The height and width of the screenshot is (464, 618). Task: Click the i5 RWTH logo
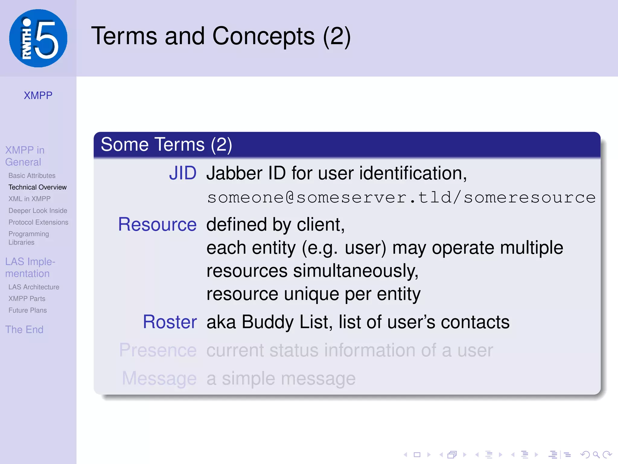click(x=38, y=38)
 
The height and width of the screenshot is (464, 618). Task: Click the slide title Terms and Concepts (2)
click(x=221, y=36)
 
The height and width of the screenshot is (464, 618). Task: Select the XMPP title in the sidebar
click(x=38, y=95)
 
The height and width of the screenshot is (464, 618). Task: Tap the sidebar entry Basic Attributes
click(x=32, y=176)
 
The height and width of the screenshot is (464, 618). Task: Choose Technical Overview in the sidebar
click(x=37, y=187)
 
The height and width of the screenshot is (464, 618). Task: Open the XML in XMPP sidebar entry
click(x=30, y=199)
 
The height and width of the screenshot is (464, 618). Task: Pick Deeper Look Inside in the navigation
click(x=38, y=211)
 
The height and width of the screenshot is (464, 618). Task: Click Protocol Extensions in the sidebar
click(x=38, y=222)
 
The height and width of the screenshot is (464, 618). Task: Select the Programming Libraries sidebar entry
click(x=29, y=238)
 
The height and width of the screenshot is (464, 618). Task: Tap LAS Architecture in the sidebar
click(x=34, y=287)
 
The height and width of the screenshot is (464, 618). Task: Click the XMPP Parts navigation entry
click(x=27, y=299)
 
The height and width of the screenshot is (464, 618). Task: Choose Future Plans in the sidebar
click(x=27, y=310)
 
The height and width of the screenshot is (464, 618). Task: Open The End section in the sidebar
click(x=24, y=330)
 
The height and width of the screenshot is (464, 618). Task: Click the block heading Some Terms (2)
click(x=166, y=144)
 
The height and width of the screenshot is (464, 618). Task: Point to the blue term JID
click(x=183, y=173)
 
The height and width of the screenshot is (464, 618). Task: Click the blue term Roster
click(x=170, y=322)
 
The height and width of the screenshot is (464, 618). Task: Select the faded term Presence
click(x=158, y=350)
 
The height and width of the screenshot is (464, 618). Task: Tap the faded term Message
click(x=159, y=379)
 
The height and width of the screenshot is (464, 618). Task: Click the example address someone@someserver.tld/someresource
click(x=401, y=198)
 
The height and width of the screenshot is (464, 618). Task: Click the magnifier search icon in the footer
click(x=596, y=455)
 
